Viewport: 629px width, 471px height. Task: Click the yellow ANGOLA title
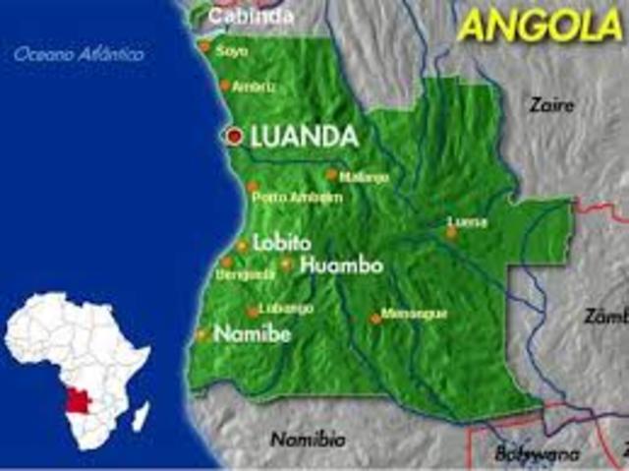coord(540,26)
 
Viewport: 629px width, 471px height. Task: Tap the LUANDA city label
coord(304,138)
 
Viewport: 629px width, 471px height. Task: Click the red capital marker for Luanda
coord(234,138)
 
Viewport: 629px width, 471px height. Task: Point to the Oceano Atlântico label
coord(79,54)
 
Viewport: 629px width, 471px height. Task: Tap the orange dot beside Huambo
coord(286,265)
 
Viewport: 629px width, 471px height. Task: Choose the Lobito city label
coord(282,243)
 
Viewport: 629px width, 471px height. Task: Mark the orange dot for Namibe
coord(202,334)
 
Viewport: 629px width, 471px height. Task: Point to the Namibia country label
coord(308,439)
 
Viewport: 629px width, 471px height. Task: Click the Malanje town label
coord(364,177)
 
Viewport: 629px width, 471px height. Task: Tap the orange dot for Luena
coord(452,233)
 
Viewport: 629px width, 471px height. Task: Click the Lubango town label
coord(286,309)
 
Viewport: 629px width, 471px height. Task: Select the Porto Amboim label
coord(297,197)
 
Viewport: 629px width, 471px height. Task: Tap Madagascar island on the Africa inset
coord(141,414)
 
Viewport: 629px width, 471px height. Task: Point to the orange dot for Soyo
coord(204,46)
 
